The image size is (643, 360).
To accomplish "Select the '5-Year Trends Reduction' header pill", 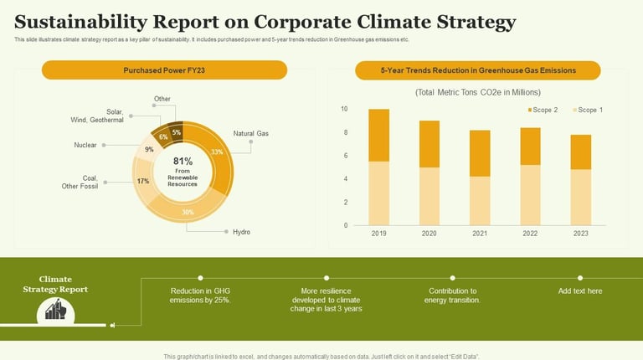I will click(478, 70).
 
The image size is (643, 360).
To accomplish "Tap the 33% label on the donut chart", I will click(217, 152).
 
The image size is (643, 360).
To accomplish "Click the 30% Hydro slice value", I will click(188, 212).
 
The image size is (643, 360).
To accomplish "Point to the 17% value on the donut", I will click(143, 181).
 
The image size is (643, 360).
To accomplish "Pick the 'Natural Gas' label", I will click(250, 134).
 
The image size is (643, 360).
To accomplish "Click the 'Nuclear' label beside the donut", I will click(85, 145).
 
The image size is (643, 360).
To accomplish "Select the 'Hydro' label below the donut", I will click(241, 232).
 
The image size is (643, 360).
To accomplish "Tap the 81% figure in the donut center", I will click(183, 161).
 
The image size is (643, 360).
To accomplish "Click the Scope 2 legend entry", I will click(544, 110).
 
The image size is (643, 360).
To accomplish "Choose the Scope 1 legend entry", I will click(589, 110).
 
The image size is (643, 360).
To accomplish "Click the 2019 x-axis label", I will click(379, 235).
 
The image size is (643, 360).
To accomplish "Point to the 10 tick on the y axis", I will click(343, 110).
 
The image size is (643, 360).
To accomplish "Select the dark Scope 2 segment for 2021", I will click(480, 153).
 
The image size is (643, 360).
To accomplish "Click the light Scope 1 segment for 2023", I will click(581, 197).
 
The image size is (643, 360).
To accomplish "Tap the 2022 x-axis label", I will click(531, 235).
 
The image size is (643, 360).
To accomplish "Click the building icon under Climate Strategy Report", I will click(56, 311).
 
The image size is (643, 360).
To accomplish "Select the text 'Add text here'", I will click(580, 291).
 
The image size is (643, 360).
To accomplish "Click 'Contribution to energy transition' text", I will click(452, 296).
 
